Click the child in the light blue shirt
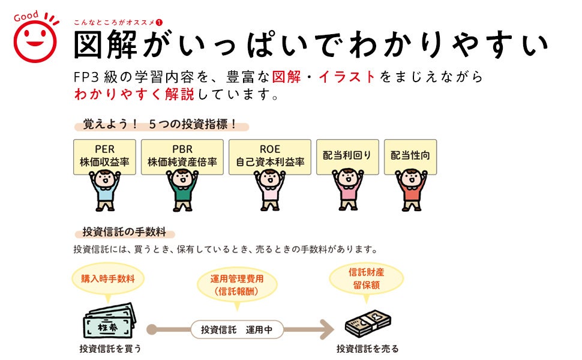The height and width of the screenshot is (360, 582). pyautogui.click(x=104, y=190)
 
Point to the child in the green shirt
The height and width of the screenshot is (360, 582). pyautogui.click(x=182, y=190)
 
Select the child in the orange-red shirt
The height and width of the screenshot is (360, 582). pyautogui.click(x=410, y=190)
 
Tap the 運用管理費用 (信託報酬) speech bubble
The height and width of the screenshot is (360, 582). pyautogui.click(x=237, y=286)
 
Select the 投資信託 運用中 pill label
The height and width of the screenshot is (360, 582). pyautogui.click(x=237, y=329)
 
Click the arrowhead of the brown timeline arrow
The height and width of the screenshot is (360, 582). pyautogui.click(x=326, y=329)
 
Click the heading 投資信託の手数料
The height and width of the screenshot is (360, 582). pyautogui.click(x=124, y=233)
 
